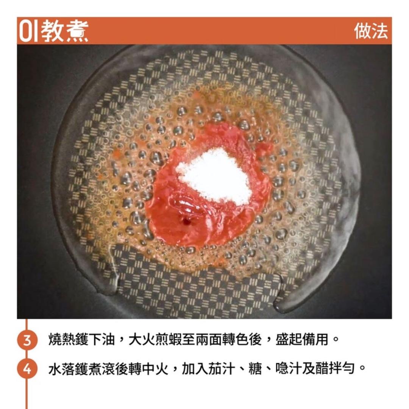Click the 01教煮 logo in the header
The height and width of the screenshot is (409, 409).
pyautogui.click(x=53, y=31)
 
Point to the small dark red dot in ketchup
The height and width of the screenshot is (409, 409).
pyautogui.click(x=186, y=220)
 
